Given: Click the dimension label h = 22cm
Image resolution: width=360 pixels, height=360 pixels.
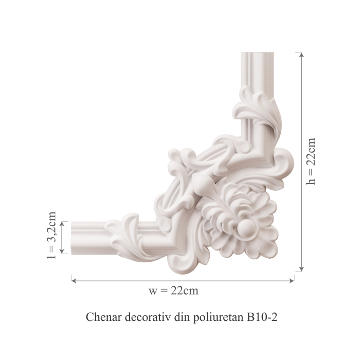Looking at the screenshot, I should click(x=312, y=161).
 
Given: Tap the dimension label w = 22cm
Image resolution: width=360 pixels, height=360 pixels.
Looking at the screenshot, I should click(x=173, y=291).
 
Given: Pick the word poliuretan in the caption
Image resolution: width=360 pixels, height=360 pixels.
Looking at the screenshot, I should click(x=219, y=317).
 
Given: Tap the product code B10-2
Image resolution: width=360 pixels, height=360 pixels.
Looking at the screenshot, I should click(x=262, y=317).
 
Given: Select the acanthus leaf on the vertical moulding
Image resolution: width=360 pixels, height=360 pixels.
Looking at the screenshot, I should click(x=257, y=111).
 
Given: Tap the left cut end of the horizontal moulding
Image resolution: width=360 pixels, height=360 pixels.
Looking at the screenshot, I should click(x=73, y=238).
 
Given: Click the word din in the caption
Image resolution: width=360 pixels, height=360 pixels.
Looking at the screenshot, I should click(x=181, y=317).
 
